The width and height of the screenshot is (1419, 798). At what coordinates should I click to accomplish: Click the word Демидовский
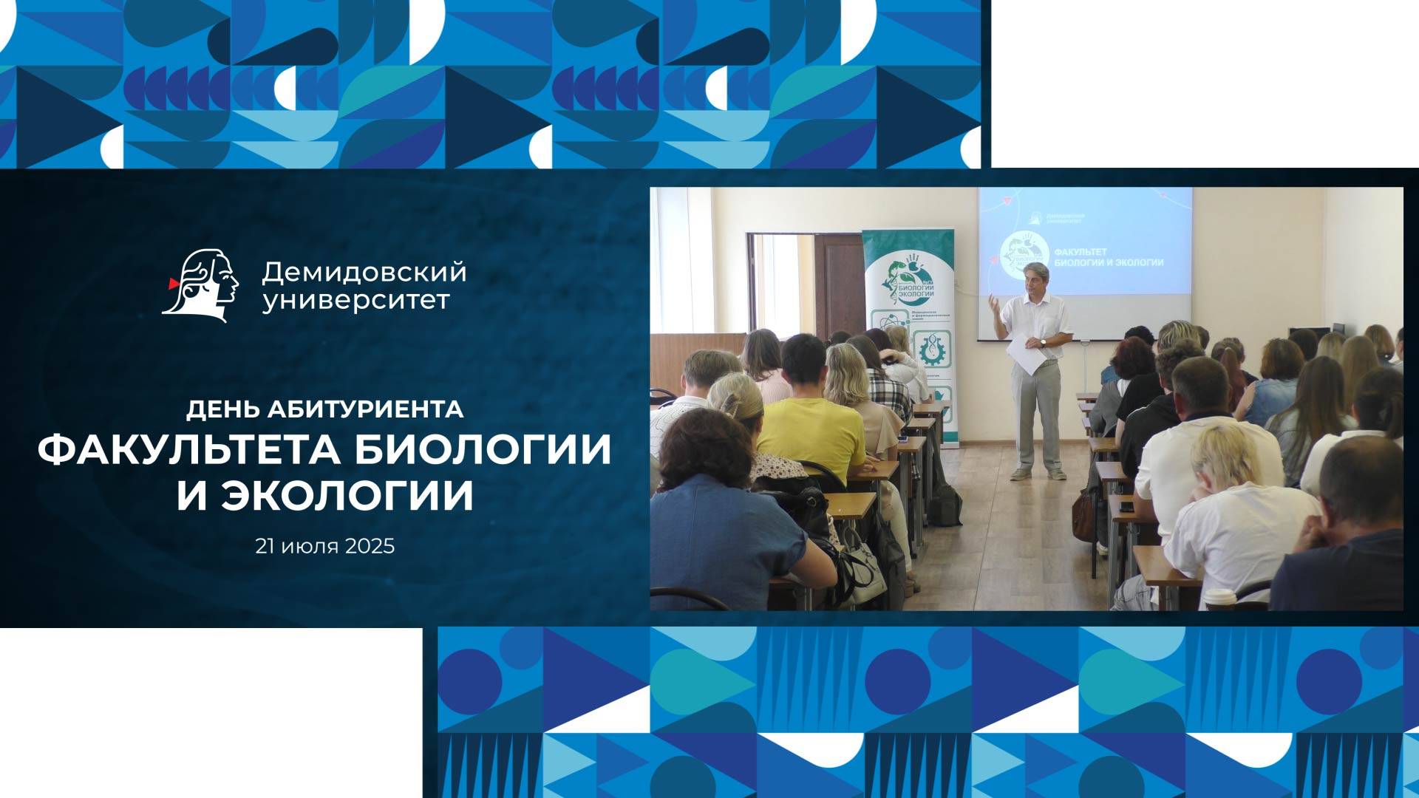364,272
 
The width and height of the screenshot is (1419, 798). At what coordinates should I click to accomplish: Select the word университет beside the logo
355,301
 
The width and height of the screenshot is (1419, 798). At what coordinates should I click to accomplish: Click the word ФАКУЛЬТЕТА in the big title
188,449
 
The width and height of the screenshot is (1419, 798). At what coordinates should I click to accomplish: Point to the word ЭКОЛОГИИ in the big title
347,496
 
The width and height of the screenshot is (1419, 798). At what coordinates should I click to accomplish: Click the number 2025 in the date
369,547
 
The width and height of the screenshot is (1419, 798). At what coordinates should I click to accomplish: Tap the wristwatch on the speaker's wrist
1043,342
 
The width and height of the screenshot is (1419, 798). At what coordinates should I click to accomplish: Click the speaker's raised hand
994,303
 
